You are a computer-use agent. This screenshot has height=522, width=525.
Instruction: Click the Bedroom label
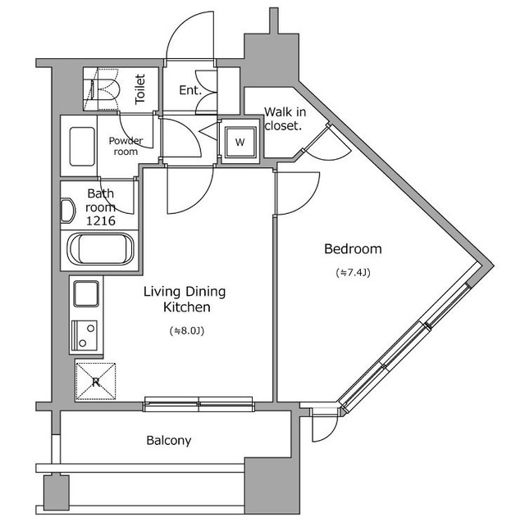(x=353, y=249)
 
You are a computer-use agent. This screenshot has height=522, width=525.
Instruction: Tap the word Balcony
(x=169, y=441)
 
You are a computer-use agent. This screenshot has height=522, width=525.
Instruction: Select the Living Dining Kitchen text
(x=185, y=299)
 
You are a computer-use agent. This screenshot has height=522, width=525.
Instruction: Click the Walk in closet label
(x=284, y=120)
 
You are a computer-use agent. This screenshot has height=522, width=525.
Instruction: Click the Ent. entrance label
(x=189, y=90)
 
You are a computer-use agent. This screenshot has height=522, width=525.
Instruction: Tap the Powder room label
(x=126, y=146)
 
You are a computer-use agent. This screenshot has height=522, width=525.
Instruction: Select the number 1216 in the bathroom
(x=101, y=221)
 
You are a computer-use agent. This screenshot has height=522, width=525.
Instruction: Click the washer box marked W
(x=240, y=142)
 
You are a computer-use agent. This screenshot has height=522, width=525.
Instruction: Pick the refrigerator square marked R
(x=96, y=380)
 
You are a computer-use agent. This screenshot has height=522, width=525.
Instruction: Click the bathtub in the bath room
(x=101, y=250)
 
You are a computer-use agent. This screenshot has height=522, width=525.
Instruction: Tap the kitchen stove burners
(x=84, y=335)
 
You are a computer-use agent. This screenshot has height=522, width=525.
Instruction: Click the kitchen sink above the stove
(x=85, y=293)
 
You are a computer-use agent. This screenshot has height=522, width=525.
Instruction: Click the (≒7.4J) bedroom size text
(x=353, y=272)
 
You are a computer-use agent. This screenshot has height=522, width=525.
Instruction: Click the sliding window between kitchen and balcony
(x=199, y=402)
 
